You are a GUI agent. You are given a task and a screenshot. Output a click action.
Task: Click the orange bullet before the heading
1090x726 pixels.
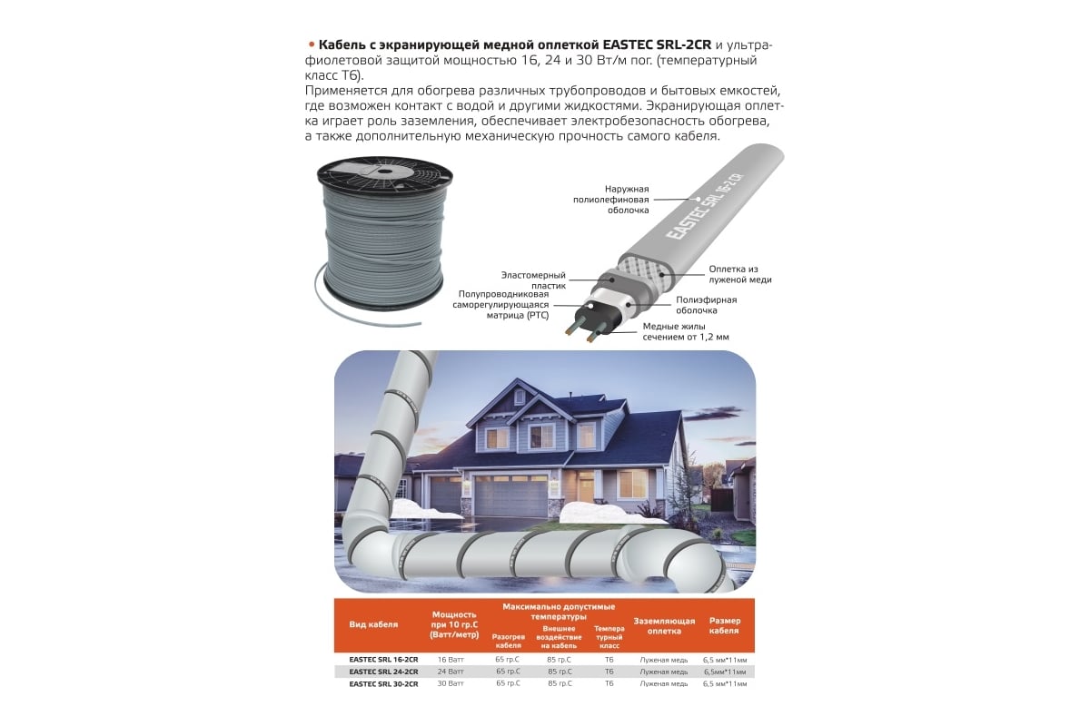(x=312, y=44)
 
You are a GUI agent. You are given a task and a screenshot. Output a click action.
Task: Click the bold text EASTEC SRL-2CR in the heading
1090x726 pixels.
(x=657, y=44)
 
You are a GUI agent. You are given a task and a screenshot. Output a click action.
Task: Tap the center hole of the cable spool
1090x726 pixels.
(x=384, y=172)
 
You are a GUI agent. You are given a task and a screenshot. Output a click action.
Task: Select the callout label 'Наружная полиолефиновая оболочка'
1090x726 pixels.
(x=610, y=200)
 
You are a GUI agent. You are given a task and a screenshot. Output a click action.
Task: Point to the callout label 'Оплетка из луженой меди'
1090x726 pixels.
(x=740, y=274)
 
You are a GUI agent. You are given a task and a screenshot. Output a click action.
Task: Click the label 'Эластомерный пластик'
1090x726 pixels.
(x=533, y=280)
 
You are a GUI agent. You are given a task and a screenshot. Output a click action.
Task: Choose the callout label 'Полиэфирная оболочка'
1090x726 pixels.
(x=707, y=305)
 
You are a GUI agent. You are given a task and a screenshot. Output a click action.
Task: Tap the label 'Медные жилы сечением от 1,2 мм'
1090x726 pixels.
(x=686, y=331)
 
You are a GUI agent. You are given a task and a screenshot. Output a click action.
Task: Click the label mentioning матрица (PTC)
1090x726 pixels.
(x=500, y=305)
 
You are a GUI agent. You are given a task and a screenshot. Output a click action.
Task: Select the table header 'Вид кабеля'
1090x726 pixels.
(x=373, y=625)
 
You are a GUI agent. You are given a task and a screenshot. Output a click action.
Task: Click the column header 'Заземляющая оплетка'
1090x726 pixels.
(x=664, y=626)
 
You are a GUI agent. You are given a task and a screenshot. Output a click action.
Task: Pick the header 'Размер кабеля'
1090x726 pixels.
(x=725, y=625)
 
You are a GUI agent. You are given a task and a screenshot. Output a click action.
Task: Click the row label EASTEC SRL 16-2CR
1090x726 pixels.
(x=383, y=660)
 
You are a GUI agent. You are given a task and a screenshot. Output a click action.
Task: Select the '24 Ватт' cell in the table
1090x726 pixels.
(x=451, y=672)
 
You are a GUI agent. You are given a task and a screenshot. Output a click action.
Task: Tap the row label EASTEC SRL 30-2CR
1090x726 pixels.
(x=383, y=683)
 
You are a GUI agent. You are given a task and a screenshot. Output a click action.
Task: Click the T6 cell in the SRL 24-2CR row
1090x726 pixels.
(x=609, y=672)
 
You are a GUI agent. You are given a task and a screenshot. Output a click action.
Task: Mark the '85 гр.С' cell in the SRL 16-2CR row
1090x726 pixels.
(x=560, y=660)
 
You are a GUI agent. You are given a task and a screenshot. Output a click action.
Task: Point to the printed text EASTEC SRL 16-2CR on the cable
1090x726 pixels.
(x=705, y=207)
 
